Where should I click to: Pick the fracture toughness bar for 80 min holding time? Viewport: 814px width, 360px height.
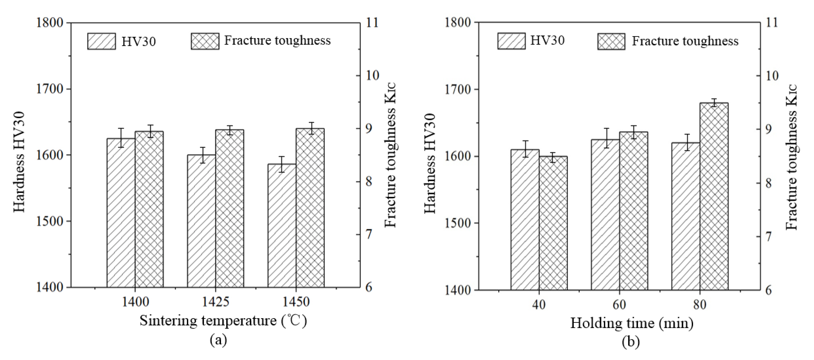[x=714, y=196]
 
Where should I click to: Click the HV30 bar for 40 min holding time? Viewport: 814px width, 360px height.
[x=525, y=219]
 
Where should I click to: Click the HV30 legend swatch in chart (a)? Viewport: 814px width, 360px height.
[x=101, y=41]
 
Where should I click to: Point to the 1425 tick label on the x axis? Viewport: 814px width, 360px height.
[x=216, y=302]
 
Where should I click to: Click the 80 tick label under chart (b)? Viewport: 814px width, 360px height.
[x=700, y=305]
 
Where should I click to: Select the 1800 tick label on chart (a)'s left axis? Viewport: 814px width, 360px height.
[x=50, y=23]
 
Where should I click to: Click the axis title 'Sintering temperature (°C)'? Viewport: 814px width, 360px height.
[x=223, y=321]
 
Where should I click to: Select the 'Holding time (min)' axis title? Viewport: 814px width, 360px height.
[x=632, y=323]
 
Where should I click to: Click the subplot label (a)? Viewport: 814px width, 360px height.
[x=218, y=340]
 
